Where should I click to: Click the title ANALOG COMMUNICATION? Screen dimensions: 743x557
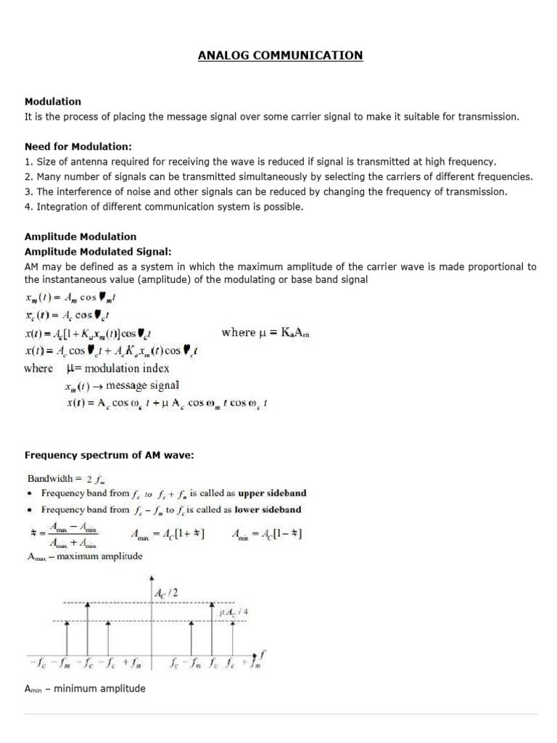click(x=280, y=55)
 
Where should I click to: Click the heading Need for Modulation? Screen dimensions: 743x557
click(x=78, y=147)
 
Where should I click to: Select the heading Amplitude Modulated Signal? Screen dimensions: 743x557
click(x=98, y=252)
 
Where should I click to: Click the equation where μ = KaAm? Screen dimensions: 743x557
click(x=270, y=333)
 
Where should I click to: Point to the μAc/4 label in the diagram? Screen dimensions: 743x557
click(x=234, y=612)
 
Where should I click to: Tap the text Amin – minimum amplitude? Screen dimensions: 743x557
click(x=85, y=689)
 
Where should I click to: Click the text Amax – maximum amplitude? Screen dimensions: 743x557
click(x=85, y=557)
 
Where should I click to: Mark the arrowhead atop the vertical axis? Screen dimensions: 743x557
click(x=150, y=579)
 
